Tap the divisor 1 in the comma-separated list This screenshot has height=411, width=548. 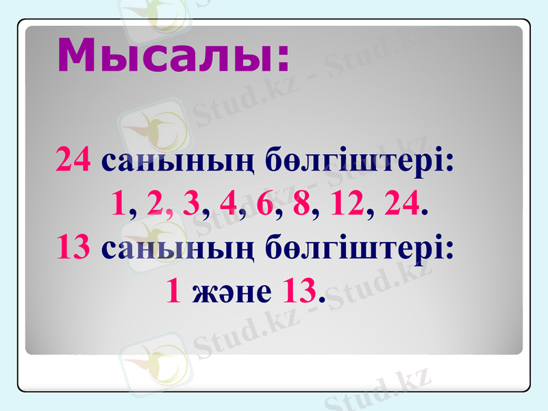119,203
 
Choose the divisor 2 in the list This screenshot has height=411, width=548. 155,203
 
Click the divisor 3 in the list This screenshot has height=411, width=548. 192,203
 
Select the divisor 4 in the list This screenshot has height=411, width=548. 228,203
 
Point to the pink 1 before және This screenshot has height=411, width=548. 174,292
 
